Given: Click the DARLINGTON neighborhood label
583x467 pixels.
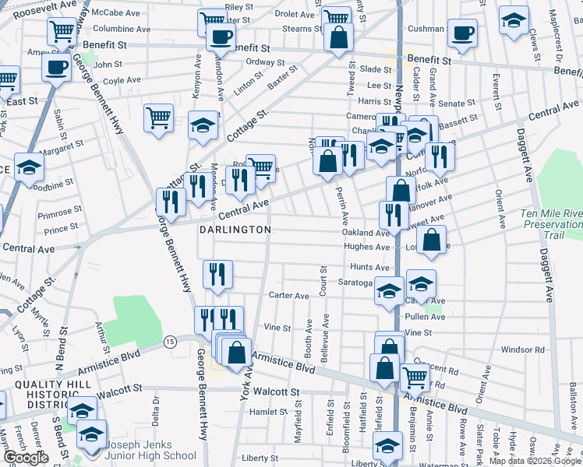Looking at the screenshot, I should point(235,230).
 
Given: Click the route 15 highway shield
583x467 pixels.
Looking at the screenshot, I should point(169,341).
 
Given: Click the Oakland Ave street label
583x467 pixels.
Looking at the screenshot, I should point(365,233).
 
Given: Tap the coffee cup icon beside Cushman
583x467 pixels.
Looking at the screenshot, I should point(463,33).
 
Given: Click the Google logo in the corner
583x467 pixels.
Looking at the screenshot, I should point(26,458).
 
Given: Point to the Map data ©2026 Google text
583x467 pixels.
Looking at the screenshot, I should point(535,461).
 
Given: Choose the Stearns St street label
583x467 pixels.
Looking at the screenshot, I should point(297,28).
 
